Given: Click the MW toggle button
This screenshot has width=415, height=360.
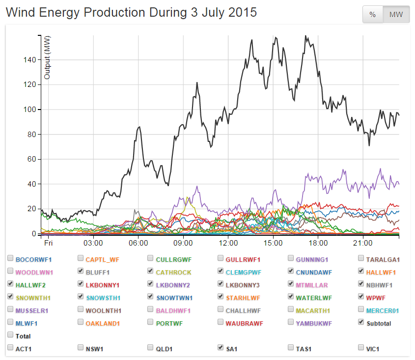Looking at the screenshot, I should point(396,15).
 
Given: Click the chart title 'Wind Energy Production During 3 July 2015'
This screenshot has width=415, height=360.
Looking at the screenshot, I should point(131,13).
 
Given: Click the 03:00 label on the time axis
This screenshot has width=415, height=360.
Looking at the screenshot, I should point(93,243).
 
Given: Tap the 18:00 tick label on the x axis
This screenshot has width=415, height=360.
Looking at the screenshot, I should point(318,243).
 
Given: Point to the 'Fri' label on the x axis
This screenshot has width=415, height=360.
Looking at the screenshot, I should point(48,243).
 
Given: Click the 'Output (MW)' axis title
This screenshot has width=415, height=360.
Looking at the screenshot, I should point(47,57).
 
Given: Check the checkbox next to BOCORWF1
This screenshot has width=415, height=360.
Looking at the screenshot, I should point(10,258).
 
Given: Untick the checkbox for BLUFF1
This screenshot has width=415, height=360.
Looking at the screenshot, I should point(81,271).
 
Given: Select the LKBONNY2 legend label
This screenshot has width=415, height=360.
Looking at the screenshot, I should point(173,284).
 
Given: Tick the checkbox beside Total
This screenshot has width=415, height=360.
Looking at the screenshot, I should point(10,335).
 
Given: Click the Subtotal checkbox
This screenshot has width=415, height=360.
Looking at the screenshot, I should point(361,322).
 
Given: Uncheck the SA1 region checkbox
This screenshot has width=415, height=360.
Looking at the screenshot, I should point(221,348).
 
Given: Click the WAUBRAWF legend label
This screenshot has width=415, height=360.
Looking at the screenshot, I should point(244,323).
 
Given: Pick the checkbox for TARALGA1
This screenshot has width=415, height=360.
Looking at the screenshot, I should point(361,258).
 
